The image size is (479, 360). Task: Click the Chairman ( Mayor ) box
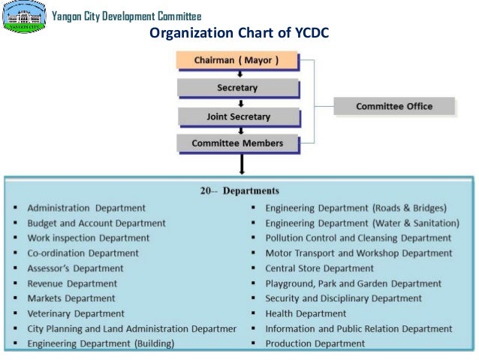point(236,60)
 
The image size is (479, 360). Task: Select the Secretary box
point(237,88)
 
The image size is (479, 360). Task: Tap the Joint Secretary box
point(238,116)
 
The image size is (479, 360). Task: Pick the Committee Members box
point(237,143)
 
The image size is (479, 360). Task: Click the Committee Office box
point(394,106)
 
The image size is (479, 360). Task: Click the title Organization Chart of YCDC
point(239,34)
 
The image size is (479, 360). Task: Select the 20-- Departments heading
point(239,190)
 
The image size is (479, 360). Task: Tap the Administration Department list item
point(86,207)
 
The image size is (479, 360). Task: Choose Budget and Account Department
point(96,222)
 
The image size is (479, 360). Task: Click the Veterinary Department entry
point(76,313)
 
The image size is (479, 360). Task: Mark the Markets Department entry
point(71,298)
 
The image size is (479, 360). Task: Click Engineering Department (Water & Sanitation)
point(362,222)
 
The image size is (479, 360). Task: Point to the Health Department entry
point(306,313)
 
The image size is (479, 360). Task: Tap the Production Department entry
point(315,343)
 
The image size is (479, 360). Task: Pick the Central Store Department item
point(319,268)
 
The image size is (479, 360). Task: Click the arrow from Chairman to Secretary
point(239,74)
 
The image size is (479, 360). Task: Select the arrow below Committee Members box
point(240,162)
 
